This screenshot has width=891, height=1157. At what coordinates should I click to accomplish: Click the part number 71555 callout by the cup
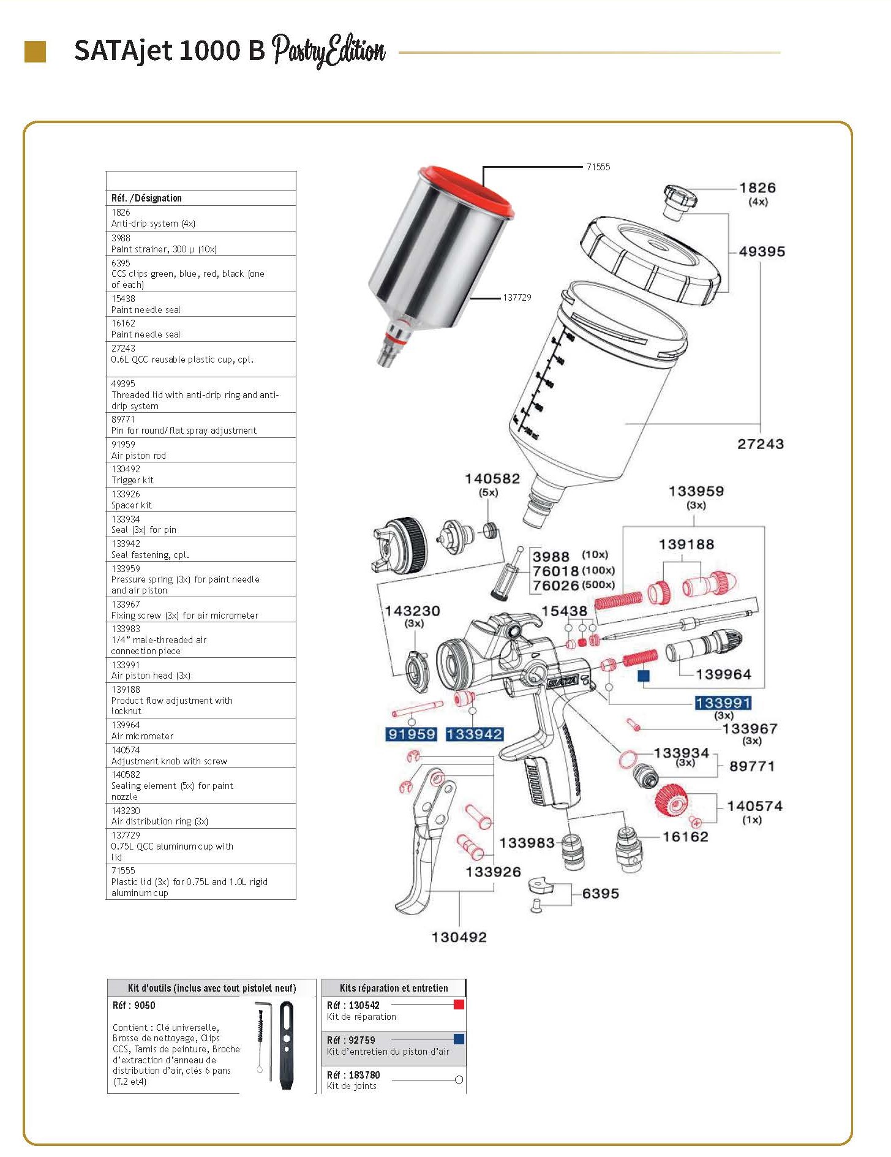pyautogui.click(x=598, y=167)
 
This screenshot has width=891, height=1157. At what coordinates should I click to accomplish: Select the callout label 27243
pyautogui.click(x=760, y=444)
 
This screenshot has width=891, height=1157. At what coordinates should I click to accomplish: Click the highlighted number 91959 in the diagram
pyautogui.click(x=412, y=734)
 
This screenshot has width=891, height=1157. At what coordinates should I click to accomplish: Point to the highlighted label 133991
pyautogui.click(x=723, y=703)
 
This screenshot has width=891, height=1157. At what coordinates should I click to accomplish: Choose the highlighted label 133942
pyautogui.click(x=474, y=734)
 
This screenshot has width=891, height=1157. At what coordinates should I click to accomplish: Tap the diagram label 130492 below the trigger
pyautogui.click(x=459, y=937)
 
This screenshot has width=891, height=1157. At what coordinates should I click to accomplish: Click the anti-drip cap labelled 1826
pyautogui.click(x=680, y=200)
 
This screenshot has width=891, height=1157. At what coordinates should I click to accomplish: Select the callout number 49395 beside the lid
pyautogui.click(x=762, y=252)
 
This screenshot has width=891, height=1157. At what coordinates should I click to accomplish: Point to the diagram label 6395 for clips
pyautogui.click(x=600, y=894)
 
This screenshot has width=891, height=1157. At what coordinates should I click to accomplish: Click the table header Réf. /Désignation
pyautogui.click(x=146, y=198)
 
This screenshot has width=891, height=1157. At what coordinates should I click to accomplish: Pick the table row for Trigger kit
pyautogui.click(x=200, y=475)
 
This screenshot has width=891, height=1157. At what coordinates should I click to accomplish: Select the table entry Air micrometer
pyautogui.click(x=200, y=731)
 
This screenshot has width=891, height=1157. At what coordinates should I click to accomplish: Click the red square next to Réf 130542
pyautogui.click(x=459, y=1004)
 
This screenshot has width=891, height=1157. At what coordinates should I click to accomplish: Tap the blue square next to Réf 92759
pyautogui.click(x=459, y=1039)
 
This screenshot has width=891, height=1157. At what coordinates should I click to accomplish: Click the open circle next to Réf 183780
pyautogui.click(x=459, y=1080)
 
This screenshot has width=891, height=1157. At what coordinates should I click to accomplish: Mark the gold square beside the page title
pyautogui.click(x=35, y=51)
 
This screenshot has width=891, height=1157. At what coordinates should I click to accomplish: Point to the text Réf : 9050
pyautogui.click(x=134, y=1005)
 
